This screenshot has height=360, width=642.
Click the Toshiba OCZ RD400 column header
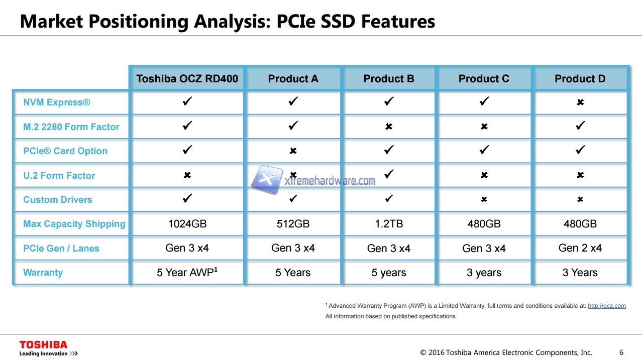[187, 78]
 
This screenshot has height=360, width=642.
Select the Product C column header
[484, 78]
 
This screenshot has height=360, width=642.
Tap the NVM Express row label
[57, 102]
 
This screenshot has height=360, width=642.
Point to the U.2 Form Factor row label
[59, 175]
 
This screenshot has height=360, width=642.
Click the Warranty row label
[43, 272]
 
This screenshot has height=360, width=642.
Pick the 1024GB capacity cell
[187, 223]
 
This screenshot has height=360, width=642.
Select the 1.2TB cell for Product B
[389, 223]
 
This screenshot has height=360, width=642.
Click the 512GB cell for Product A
[293, 223]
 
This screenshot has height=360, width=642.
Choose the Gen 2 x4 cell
[580, 248]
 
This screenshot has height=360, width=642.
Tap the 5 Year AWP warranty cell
[187, 272]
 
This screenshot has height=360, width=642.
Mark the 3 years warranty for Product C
[484, 272]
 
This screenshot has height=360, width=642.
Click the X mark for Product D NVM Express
[580, 102]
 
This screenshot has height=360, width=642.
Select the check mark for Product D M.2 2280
[580, 126]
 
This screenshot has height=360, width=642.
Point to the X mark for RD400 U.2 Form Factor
[187, 175]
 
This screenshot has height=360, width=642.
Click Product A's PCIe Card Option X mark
[293, 151]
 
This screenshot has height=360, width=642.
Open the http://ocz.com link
[607, 306]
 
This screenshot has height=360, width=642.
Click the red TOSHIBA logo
[43, 344]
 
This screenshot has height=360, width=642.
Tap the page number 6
[621, 352]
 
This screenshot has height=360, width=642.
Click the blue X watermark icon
[267, 179]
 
